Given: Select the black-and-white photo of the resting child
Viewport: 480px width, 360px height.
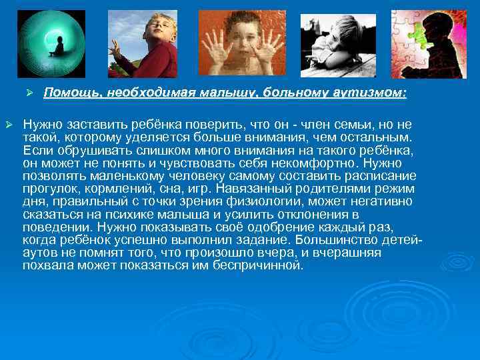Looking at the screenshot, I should tap(338, 45).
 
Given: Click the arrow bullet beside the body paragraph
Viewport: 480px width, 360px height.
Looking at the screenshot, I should tap(9, 125).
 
